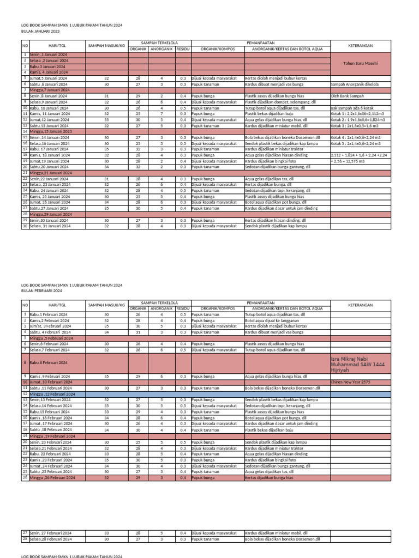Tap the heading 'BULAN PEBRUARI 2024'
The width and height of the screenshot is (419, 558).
tap(41, 291)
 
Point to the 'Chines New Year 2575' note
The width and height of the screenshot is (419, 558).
tap(350, 382)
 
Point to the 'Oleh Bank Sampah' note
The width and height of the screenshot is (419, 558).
tap(347, 96)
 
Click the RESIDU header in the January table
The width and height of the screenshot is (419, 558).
tap(183, 48)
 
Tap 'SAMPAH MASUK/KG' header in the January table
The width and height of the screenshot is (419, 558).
tap(106, 46)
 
